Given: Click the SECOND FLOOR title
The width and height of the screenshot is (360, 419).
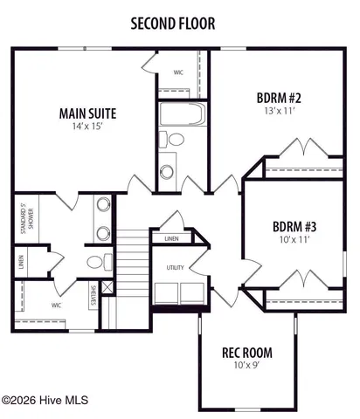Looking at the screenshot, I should pos(173,24).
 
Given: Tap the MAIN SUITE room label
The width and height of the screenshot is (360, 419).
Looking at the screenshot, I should pos(87,113).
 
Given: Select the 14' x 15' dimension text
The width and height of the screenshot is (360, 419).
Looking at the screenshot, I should pos(87,127).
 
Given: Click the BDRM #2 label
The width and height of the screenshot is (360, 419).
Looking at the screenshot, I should pos(279,97).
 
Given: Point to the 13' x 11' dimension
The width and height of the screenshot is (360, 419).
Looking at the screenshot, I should pos(279,111).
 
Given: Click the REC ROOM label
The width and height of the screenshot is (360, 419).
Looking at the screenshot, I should pos(246,353).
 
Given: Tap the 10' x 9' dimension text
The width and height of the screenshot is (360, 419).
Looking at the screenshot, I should pos(246,367).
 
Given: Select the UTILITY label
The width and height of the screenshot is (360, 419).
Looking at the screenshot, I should pos(175,267).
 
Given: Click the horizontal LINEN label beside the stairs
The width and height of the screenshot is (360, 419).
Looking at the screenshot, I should pos(171,237).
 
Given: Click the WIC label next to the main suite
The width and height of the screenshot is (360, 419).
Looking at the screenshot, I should pos(178,72).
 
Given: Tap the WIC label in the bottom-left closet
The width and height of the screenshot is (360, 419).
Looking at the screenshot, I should pos(56,306).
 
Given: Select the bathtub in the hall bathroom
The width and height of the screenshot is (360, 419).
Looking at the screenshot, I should pos(182,114).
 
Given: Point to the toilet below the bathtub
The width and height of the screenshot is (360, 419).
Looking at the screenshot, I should pos(176,140).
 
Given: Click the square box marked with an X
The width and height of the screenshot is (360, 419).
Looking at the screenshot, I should pos(107,286).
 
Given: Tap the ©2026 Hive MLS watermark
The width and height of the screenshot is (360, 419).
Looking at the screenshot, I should pos(45,401).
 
